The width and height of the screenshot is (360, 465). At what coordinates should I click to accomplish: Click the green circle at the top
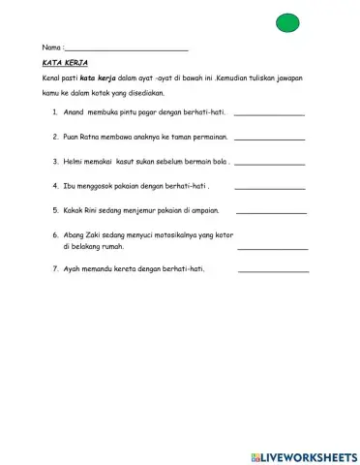tap(287, 23)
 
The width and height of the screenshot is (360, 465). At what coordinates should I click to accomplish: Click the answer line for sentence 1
tap(269, 115)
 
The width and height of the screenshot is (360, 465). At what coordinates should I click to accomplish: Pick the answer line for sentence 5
tap(271, 212)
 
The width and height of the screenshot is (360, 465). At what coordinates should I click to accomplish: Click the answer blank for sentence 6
tap(272, 249)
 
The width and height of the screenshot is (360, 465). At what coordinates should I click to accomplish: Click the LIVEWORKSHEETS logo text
tap(309, 456)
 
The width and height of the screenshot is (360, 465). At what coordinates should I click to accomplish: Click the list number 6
tap(55, 234)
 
